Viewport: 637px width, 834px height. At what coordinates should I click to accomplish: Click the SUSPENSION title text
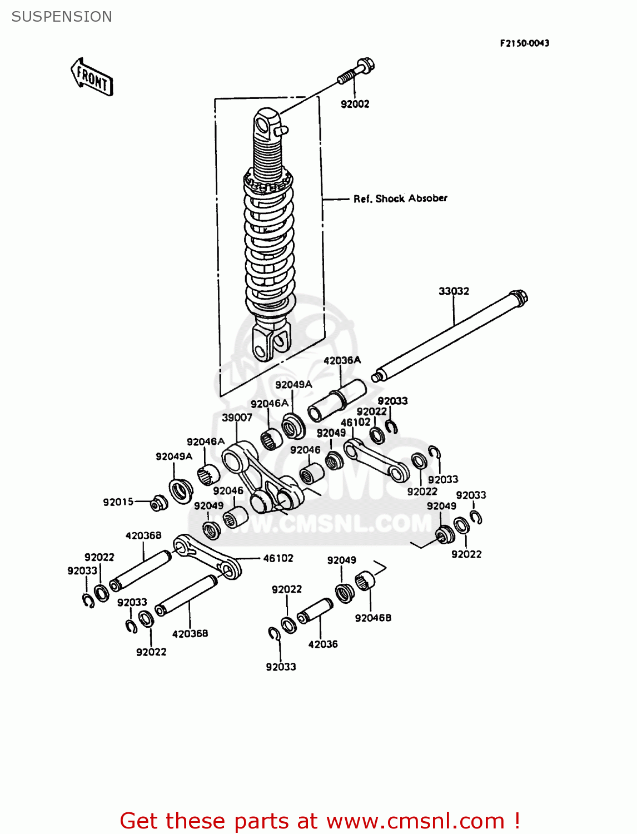coord(62,17)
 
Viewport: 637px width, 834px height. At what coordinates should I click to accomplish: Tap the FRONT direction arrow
coord(92,77)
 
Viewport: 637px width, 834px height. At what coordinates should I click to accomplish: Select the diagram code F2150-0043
coord(524,43)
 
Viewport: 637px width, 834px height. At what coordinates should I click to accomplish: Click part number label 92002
coord(355,104)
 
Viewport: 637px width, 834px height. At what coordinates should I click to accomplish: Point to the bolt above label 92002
coord(356,72)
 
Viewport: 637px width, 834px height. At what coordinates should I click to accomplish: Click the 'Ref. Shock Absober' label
coord(400,198)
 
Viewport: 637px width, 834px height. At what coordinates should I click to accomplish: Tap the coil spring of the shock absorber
coord(269,245)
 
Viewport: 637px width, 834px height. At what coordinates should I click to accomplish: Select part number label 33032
coord(454,291)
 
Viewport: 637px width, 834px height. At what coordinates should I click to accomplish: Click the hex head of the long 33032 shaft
coord(519,297)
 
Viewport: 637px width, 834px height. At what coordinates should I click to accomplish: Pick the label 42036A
coord(342,360)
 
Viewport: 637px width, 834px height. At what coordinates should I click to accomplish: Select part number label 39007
coord(237,418)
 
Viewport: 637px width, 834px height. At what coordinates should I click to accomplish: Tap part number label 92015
coord(118,502)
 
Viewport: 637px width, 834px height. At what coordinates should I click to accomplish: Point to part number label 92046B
coord(373,618)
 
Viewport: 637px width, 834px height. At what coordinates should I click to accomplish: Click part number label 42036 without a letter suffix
coord(323,644)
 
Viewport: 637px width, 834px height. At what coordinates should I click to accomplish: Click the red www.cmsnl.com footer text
coord(320,821)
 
